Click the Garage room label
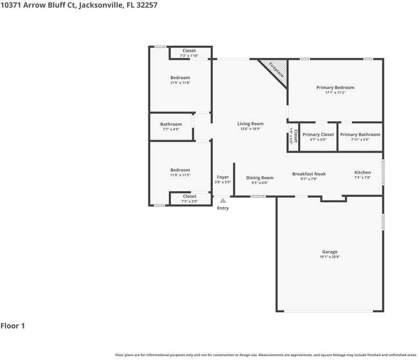click(x=330, y=252)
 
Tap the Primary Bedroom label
click(x=335, y=87)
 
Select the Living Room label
click(x=250, y=124)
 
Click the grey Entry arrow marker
click(x=223, y=201)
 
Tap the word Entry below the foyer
click(x=223, y=208)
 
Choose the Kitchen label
click(x=362, y=173)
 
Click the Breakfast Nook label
click(x=309, y=174)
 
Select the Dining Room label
click(x=260, y=178)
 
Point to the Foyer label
click(x=223, y=177)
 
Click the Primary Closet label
click(x=318, y=135)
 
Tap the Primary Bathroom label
click(x=360, y=135)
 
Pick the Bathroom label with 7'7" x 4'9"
click(x=171, y=124)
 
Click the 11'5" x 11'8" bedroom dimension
click(x=180, y=83)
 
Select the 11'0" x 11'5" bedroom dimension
click(x=180, y=175)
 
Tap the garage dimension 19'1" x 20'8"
click(x=330, y=257)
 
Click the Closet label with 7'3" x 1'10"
click(x=189, y=51)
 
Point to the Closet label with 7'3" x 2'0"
click(x=189, y=196)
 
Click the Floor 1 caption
click(x=13, y=326)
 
